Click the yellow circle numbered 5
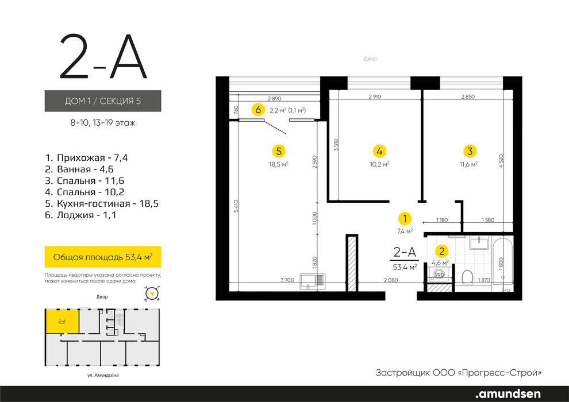coord(279,151)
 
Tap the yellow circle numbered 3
coord(470,151)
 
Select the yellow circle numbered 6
coord(258,110)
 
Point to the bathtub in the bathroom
coord(502,264)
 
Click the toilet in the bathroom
coord(467,277)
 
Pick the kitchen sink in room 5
coord(312,281)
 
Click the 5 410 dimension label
coord(236,206)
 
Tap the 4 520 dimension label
coord(501,161)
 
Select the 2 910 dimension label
coord(375,97)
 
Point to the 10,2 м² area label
coord(379,164)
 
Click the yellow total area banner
coord(103,257)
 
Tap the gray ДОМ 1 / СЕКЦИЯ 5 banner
coord(103,100)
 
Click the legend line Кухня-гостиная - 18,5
coord(102,203)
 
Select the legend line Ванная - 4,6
coord(79,169)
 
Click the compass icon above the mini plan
coord(153,293)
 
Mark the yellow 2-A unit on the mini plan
coord(62,322)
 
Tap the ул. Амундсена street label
coord(103,375)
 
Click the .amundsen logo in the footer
coord(508,394)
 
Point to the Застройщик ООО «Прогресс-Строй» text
coord(458,373)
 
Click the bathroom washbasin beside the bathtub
coord(479,242)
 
